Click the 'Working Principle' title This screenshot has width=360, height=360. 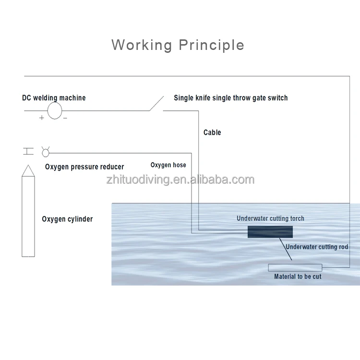178,45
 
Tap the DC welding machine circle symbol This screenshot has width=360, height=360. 55,111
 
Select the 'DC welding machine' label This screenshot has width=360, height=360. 54,98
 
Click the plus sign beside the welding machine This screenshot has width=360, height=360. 42,118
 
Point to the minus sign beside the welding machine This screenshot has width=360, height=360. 65,118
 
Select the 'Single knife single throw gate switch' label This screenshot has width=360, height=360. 230,98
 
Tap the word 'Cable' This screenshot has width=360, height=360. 212,132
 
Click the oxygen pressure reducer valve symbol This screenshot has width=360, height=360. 46,152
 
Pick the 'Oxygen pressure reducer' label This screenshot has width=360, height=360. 84,167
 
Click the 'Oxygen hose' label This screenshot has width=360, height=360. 168,165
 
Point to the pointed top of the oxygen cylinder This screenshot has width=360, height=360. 28,171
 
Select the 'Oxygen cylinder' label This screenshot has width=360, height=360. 67,219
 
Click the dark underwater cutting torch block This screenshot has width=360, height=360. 270,231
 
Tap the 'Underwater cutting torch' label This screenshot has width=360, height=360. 270,218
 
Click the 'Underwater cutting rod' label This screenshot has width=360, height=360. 317,247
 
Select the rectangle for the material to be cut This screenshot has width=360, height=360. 295,267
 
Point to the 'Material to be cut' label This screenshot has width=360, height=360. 298,276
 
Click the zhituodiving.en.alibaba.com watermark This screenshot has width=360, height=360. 180,180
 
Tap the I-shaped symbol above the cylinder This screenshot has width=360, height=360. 28,152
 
